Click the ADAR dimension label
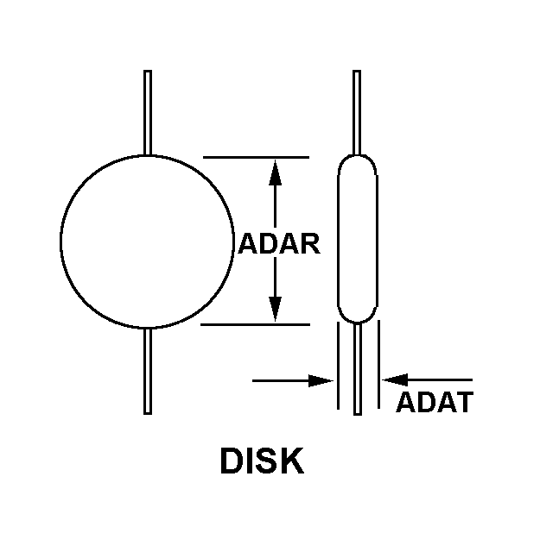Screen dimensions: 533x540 tap(279, 244)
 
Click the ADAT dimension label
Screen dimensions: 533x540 tap(434, 402)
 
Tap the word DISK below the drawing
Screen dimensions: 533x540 tap(262, 461)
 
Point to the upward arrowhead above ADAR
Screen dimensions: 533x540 tap(275, 172)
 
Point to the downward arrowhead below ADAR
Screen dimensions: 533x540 tap(275, 309)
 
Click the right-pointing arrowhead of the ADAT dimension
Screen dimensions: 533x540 tap(324, 379)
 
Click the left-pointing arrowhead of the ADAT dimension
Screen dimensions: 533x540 tap(392, 379)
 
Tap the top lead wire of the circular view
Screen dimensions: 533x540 tap(148, 112)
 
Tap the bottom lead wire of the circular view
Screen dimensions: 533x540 tap(148, 371)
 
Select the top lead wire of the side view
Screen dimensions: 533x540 tap(357, 112)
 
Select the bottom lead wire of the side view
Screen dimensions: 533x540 tap(357, 371)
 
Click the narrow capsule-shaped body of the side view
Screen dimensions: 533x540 tap(356, 240)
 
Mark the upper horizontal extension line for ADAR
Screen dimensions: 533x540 tap(255, 157)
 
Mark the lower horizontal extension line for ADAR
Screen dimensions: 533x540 tap(255, 325)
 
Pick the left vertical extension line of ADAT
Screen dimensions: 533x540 tap(337, 367)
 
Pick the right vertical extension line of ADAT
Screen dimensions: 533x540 tap(378, 367)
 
